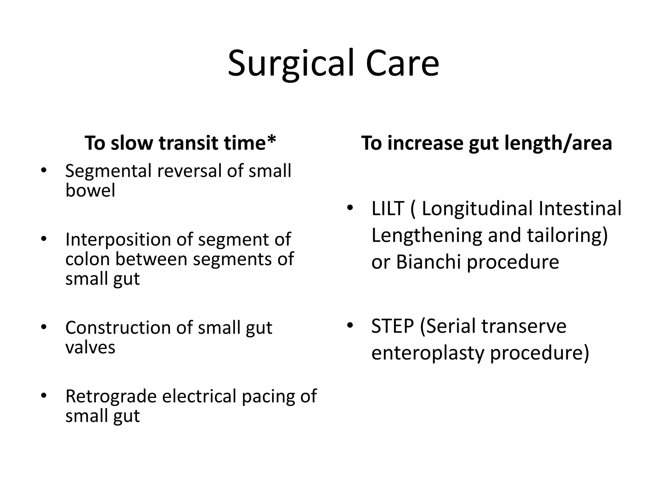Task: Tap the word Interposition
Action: (x=118, y=240)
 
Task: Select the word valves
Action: (x=90, y=347)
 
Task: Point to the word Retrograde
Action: (x=111, y=396)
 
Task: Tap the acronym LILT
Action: (x=388, y=209)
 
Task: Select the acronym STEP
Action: (x=392, y=326)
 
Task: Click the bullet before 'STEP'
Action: (x=350, y=325)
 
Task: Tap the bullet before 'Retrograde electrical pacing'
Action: (x=44, y=396)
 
